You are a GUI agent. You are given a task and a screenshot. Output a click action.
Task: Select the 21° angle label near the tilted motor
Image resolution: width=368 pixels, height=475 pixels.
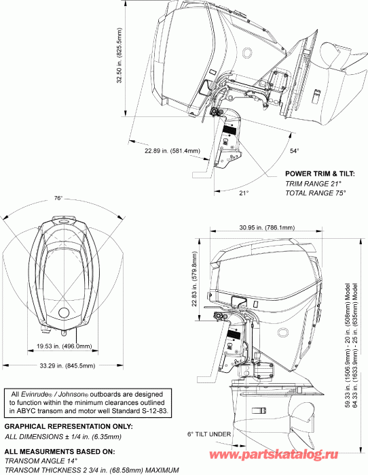[244, 193]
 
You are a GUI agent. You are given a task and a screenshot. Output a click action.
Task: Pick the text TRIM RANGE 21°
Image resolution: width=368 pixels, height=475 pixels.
[313, 184]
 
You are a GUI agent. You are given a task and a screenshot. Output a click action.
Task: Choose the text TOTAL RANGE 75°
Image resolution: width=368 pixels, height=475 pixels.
[316, 193]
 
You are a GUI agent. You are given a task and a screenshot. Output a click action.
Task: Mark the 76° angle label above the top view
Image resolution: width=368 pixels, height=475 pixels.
[58, 198]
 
